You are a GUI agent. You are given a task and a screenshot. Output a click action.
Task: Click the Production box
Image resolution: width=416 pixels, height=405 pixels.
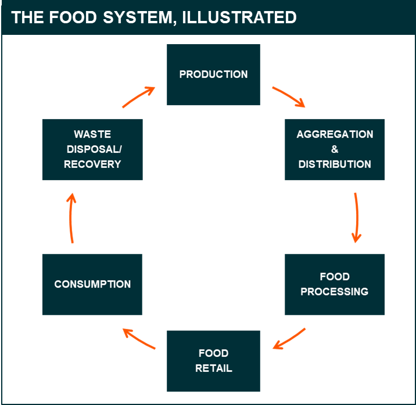[213, 74]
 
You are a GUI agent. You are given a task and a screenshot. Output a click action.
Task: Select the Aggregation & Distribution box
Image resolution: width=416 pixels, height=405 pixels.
[335, 149]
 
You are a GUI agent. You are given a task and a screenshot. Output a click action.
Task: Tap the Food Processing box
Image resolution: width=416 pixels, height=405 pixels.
[335, 284]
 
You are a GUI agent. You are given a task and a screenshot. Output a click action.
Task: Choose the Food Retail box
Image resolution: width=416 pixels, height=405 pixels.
[213, 360]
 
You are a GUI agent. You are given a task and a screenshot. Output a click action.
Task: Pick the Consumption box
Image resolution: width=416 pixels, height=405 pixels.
[92, 284]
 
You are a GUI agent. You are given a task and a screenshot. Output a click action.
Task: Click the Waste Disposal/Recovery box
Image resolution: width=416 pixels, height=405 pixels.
[92, 149]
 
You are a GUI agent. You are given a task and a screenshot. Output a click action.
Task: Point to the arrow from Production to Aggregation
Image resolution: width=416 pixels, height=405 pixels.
[289, 97]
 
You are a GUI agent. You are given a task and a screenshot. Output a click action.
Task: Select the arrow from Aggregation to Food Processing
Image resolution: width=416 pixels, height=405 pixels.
[356, 217]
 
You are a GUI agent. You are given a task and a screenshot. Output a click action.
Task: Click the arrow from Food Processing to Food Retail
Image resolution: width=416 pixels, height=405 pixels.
[289, 339]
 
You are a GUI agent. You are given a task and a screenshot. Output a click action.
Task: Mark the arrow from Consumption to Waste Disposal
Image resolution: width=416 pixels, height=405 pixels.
[71, 218]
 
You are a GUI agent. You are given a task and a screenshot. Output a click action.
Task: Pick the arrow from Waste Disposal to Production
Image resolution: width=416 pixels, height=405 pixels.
[138, 98]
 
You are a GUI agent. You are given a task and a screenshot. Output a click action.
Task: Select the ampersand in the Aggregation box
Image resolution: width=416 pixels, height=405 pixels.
[335, 149]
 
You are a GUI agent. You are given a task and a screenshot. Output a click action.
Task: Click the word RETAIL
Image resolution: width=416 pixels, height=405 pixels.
[213, 368]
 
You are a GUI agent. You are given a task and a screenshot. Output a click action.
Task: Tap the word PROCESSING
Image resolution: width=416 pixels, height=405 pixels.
[335, 291]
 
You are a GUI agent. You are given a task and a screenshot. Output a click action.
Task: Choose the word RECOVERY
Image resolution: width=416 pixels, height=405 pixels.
[92, 164]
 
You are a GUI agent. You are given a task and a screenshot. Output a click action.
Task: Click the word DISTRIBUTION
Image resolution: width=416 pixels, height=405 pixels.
[335, 164]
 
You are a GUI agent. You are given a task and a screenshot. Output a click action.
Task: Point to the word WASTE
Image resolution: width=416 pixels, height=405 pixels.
[92, 134]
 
